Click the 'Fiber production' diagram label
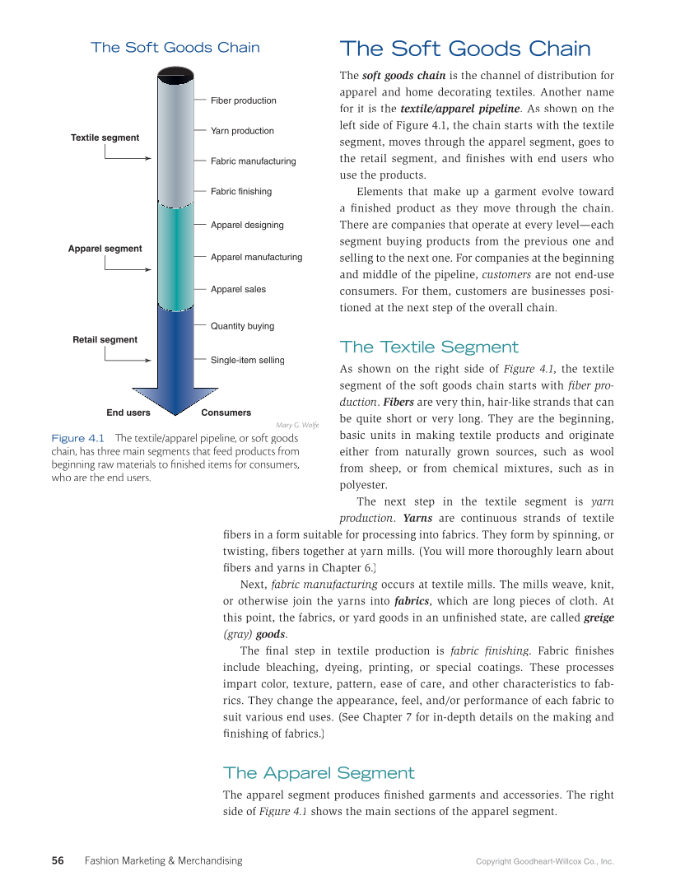[243, 100]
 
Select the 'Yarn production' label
[242, 131]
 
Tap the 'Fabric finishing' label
[240, 191]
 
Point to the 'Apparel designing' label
[247, 225]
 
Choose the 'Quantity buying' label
[242, 326]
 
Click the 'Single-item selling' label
[247, 360]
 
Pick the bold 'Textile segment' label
[105, 138]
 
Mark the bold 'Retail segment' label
[105, 339]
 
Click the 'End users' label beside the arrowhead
[128, 413]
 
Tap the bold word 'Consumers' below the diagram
[226, 413]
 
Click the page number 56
[58, 860]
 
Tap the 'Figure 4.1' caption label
[77, 438]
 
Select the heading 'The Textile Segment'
[429, 347]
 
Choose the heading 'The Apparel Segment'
[319, 772]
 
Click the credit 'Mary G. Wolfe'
[297, 425]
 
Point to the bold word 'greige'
[599, 618]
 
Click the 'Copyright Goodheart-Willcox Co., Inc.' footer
[544, 861]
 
